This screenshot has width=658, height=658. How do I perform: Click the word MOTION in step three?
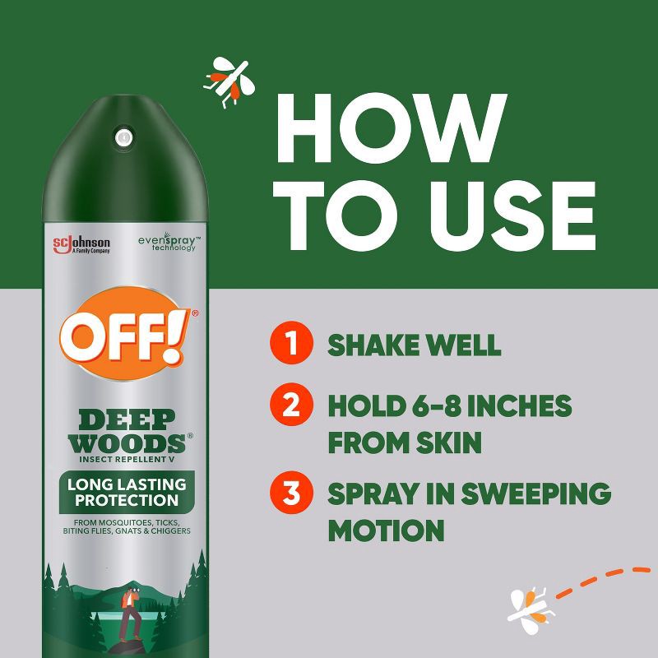tap(386, 531)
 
